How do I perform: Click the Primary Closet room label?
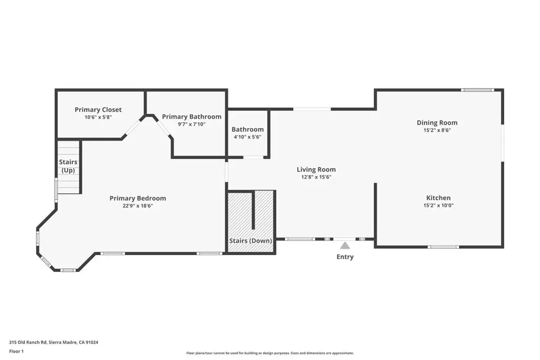pos(98,110)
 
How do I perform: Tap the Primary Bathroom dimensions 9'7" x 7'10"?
pos(191,124)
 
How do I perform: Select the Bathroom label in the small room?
pos(248,130)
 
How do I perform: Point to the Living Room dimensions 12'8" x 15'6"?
pos(316,177)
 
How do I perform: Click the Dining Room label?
pos(437,123)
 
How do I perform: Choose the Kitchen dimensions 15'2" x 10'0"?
pos(438,206)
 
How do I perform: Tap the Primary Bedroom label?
pos(138,198)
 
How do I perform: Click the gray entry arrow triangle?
pos(345,246)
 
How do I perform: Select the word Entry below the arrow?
pos(345,257)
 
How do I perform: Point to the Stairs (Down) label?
pos(250,241)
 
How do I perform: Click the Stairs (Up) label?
pos(68,166)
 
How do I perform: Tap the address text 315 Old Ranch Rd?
pos(28,343)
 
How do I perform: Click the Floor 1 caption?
pos(16,352)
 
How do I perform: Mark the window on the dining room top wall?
pos(477,90)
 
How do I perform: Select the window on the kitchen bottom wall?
pos(443,247)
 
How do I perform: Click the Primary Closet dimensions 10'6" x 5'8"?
pos(98,118)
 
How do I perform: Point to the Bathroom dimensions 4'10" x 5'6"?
pos(248,137)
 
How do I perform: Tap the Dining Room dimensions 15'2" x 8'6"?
pos(437,130)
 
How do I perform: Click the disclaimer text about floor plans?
pos(270,353)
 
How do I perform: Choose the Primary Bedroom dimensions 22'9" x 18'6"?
pos(138,206)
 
